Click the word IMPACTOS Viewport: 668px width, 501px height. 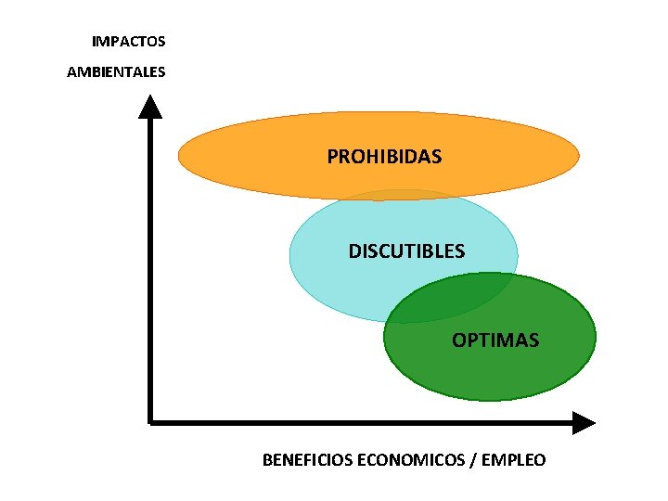[128, 42]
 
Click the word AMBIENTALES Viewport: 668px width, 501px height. [116, 71]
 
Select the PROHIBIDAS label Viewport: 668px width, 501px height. [384, 157]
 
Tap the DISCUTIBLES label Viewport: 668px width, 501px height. [406, 251]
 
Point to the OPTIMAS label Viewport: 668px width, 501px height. [495, 340]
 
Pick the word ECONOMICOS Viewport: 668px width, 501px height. [411, 460]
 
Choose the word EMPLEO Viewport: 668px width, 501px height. [513, 460]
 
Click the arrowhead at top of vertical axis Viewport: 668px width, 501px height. [150, 107]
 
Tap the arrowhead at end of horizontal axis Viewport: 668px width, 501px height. [584, 422]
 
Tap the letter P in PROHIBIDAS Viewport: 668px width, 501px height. [332, 157]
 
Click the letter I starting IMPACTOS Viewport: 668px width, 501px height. [94, 42]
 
